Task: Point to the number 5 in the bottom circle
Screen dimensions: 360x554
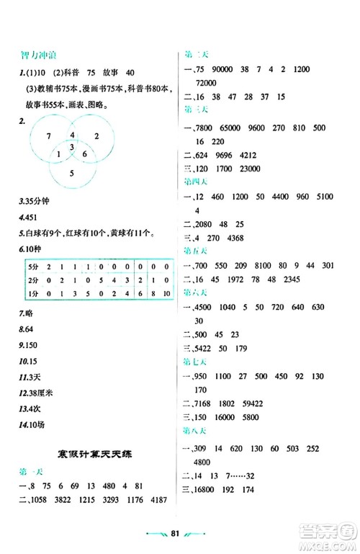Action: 71,173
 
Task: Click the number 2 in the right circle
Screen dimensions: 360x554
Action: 96,135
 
